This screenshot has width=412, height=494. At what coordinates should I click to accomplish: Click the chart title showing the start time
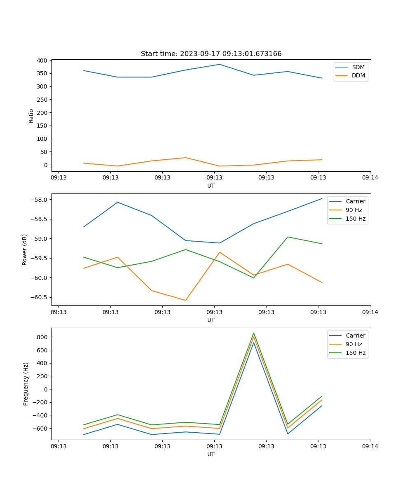click(211, 54)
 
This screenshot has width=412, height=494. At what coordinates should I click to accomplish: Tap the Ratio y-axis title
click(31, 116)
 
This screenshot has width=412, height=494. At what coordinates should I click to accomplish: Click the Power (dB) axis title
click(25, 249)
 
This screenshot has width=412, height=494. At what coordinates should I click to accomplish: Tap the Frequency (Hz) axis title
click(26, 384)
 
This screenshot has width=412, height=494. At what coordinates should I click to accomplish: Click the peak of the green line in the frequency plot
click(254, 333)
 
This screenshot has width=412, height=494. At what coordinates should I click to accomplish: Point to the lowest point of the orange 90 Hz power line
click(185, 300)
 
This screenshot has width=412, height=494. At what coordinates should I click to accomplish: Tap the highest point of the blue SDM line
click(220, 64)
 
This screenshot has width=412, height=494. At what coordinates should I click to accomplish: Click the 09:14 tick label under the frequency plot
click(370, 446)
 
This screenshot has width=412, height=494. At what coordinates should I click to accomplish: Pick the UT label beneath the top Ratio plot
click(211, 186)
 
